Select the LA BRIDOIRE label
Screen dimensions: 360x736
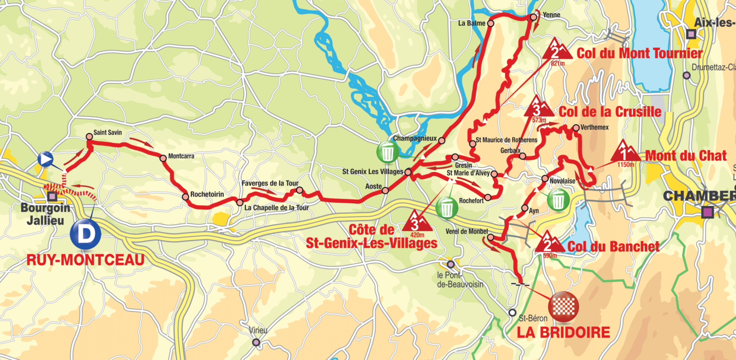click(563, 332)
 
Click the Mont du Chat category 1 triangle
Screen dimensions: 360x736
click(625, 152)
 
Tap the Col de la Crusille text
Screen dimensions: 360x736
click(609, 112)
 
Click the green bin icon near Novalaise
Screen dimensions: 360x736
click(558, 199)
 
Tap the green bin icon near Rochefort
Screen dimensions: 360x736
click(447, 207)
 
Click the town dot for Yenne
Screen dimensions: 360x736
click(533, 17)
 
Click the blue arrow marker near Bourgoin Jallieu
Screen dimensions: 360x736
click(46, 158)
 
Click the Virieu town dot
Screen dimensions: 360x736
click(256, 342)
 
